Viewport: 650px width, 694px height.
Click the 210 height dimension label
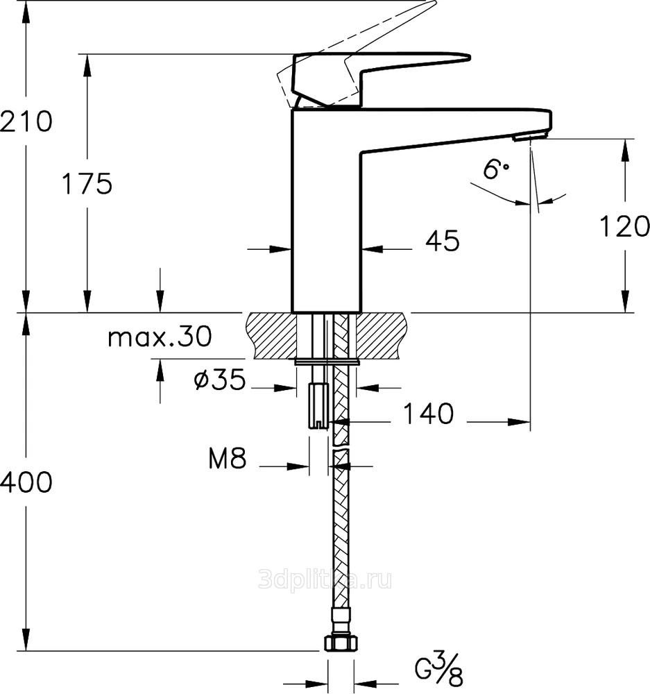[x=26, y=121]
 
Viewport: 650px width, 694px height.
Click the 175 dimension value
[x=87, y=184]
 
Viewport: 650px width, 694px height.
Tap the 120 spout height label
[x=624, y=226]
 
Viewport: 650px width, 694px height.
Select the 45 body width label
[x=443, y=242]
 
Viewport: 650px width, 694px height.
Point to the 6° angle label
[x=495, y=169]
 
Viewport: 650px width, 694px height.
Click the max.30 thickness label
[x=160, y=337]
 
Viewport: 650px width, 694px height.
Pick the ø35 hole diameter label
[x=219, y=380]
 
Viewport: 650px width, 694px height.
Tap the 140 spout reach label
[x=428, y=414]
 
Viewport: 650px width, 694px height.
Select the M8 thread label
[x=228, y=458]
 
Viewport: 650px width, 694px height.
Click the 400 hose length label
[x=26, y=482]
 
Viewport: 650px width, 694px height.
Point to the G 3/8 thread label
[x=439, y=672]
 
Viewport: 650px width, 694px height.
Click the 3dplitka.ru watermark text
[x=325, y=579]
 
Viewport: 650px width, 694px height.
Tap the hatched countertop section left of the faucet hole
[x=271, y=335]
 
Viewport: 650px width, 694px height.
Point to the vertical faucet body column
[x=327, y=211]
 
